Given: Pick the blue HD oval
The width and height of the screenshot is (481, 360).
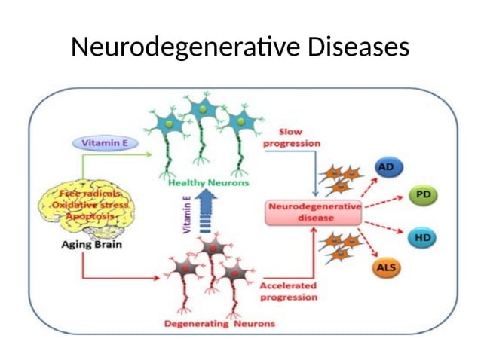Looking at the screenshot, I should [x=423, y=238].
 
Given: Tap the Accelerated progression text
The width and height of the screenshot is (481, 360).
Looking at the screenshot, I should [x=288, y=291].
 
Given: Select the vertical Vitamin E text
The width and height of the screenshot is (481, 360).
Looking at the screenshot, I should [x=186, y=215].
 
